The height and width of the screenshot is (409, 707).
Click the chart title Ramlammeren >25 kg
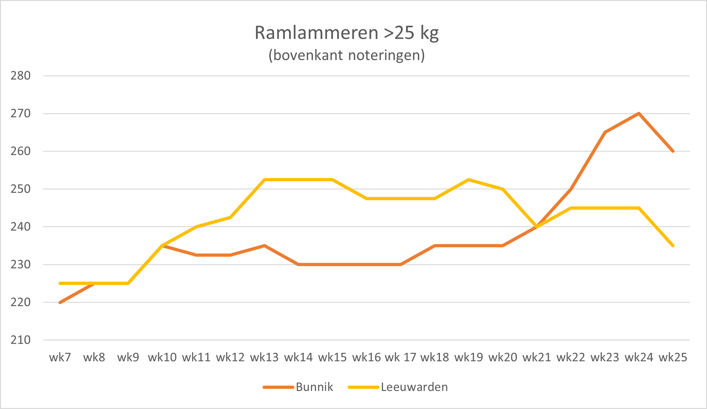tap(347, 33)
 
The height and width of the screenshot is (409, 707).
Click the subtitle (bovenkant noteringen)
tap(347, 55)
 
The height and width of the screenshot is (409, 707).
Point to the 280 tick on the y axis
tap(20, 76)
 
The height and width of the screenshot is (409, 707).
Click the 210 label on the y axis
tap(20, 340)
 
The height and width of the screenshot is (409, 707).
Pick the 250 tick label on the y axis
tap(20, 189)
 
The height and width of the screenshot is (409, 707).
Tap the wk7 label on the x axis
tap(60, 357)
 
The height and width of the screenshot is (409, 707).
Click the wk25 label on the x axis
tap(673, 357)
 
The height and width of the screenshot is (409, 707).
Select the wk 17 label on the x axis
tap(400, 357)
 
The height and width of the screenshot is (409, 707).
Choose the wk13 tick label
tap(264, 357)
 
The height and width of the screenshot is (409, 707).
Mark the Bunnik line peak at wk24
tap(639, 113)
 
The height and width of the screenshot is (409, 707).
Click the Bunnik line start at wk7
tap(60, 302)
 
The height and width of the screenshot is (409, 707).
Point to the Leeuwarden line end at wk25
tap(673, 246)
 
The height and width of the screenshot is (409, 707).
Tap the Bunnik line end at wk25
tap(673, 151)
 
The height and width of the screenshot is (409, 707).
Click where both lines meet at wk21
tap(536, 227)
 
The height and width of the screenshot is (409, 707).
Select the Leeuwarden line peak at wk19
tap(469, 180)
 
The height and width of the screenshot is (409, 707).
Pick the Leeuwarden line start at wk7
tap(60, 283)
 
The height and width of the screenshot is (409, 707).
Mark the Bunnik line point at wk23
tap(605, 132)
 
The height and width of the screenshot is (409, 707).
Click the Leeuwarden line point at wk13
tap(264, 180)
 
